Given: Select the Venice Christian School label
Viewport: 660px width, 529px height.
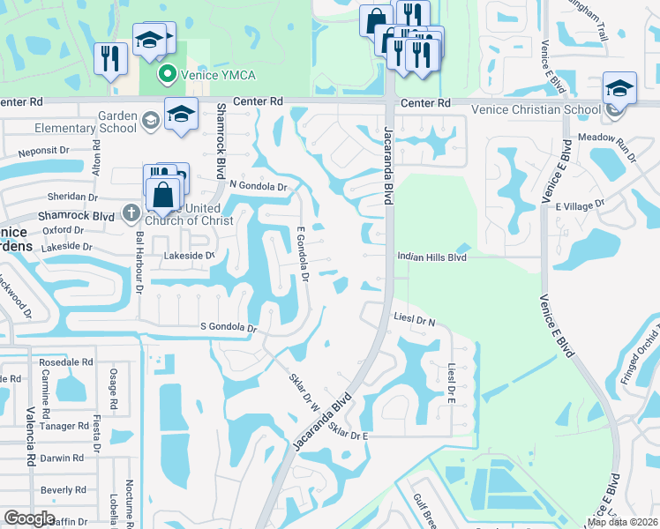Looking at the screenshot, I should click(x=536, y=109).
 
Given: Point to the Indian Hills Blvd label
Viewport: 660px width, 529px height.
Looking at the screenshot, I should click(x=431, y=257).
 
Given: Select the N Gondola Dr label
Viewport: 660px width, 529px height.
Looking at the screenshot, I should click(x=259, y=186).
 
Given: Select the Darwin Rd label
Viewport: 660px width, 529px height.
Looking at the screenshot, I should click(x=62, y=458).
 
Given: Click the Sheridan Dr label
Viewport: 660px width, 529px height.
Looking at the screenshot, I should click(x=74, y=197).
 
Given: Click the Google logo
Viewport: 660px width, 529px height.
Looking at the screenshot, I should click(x=28, y=518).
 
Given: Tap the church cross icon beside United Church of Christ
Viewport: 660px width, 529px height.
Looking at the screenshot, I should click(x=131, y=212).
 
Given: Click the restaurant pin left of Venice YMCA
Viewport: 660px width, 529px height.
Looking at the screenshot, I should click(x=110, y=60).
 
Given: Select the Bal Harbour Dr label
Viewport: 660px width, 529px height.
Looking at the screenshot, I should click(x=139, y=263).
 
